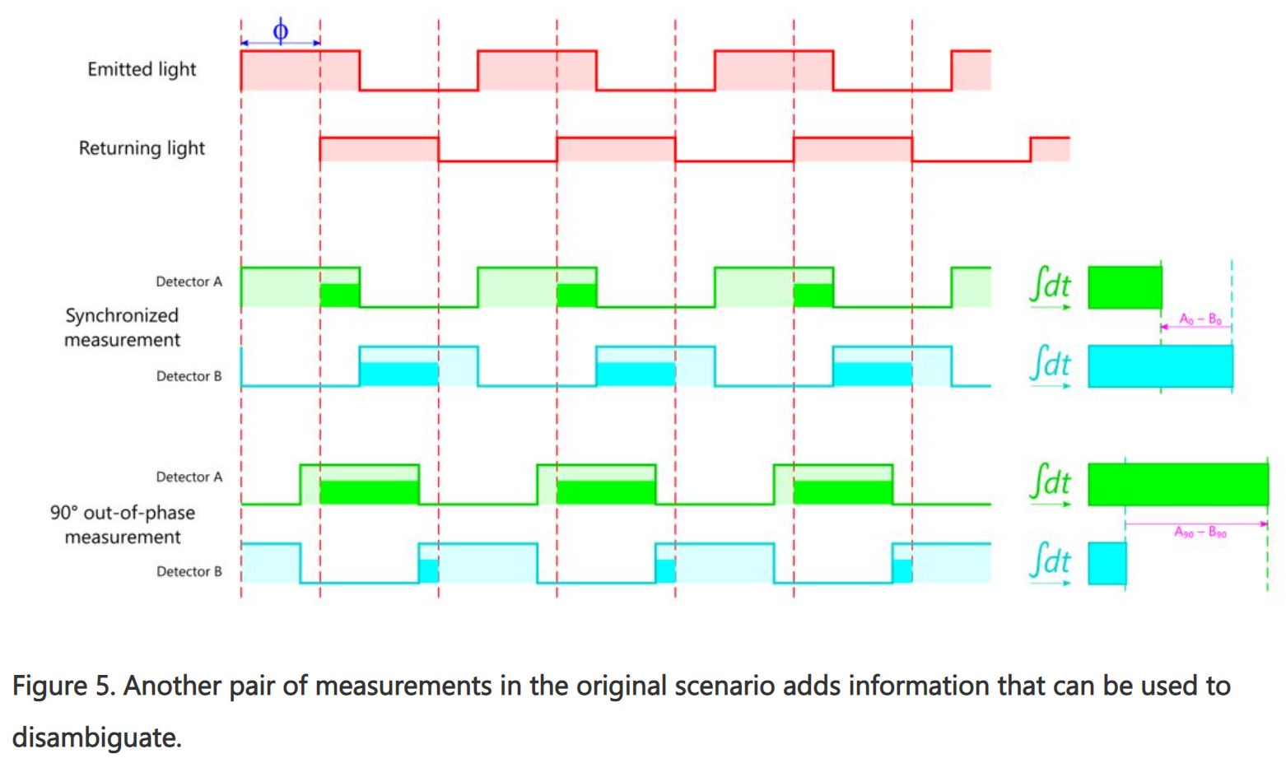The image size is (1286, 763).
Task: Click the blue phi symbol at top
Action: coord(280,32)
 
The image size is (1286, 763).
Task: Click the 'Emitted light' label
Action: coord(142,70)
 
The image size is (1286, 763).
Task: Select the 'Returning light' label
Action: coord(142,149)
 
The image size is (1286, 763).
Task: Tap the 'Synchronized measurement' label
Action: coord(122,328)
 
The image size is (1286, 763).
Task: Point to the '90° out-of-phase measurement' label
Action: coord(123,524)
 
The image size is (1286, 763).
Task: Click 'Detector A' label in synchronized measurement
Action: coord(189,281)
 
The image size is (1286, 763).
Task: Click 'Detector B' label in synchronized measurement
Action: coord(189,376)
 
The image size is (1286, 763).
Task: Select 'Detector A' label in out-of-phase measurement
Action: coord(189,477)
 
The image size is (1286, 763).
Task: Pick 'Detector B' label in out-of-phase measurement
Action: coord(189,571)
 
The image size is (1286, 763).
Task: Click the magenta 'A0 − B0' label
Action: coord(1200,319)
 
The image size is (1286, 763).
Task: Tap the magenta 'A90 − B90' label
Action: coord(1200,533)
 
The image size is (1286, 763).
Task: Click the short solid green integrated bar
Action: coord(1125,287)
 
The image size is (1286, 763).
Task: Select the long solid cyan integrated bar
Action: coord(1160,366)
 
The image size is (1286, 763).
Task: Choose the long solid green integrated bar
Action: coord(1177,484)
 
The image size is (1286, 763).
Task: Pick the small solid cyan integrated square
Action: coord(1107,563)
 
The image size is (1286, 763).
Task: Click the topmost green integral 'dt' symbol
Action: coord(1051,286)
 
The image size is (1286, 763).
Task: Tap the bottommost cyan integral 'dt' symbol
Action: coord(1051,562)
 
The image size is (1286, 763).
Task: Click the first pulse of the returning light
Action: coord(379,149)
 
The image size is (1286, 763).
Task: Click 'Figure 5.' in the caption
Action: coord(62,686)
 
